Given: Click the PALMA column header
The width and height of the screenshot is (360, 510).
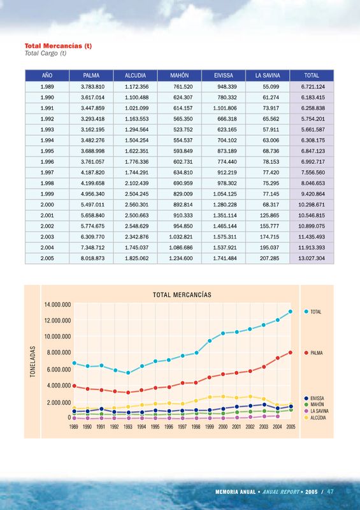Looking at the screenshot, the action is tap(91, 75).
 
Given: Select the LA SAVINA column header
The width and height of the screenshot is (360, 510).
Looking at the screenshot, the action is tap(268, 75).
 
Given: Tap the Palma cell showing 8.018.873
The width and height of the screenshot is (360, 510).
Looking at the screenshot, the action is tap(92, 259).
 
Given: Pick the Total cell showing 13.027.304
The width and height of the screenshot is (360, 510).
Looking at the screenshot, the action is tap(312, 259).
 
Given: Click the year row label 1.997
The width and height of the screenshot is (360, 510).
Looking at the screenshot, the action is tap(47, 173).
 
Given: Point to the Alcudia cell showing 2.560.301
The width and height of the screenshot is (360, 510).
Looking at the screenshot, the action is tap(136, 205).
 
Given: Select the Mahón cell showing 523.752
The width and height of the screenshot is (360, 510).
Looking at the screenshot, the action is tap(183, 130).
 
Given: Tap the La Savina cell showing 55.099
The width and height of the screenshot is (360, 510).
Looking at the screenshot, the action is tap(271, 87).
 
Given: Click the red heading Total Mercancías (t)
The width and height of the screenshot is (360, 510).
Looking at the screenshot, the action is tap(58, 46).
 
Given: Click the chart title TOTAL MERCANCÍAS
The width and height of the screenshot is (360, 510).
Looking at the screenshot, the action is tap(182, 295).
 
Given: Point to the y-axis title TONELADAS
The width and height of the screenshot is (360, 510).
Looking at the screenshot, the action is tap(32, 361).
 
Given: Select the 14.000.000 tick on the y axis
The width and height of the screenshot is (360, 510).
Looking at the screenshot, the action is tap(58, 305).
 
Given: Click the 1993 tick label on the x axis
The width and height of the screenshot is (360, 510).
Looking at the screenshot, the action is tap(128, 426).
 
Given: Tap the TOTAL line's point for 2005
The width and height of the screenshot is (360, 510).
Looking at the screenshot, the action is tap(291, 312).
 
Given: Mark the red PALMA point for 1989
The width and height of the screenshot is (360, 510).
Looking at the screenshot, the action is tap(74, 386).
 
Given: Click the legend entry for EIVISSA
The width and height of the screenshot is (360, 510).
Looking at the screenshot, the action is tap(315, 398).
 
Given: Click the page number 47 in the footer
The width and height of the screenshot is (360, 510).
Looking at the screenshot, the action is tap(331, 492).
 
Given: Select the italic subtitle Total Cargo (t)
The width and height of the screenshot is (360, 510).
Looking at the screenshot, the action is tap(45, 53).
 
